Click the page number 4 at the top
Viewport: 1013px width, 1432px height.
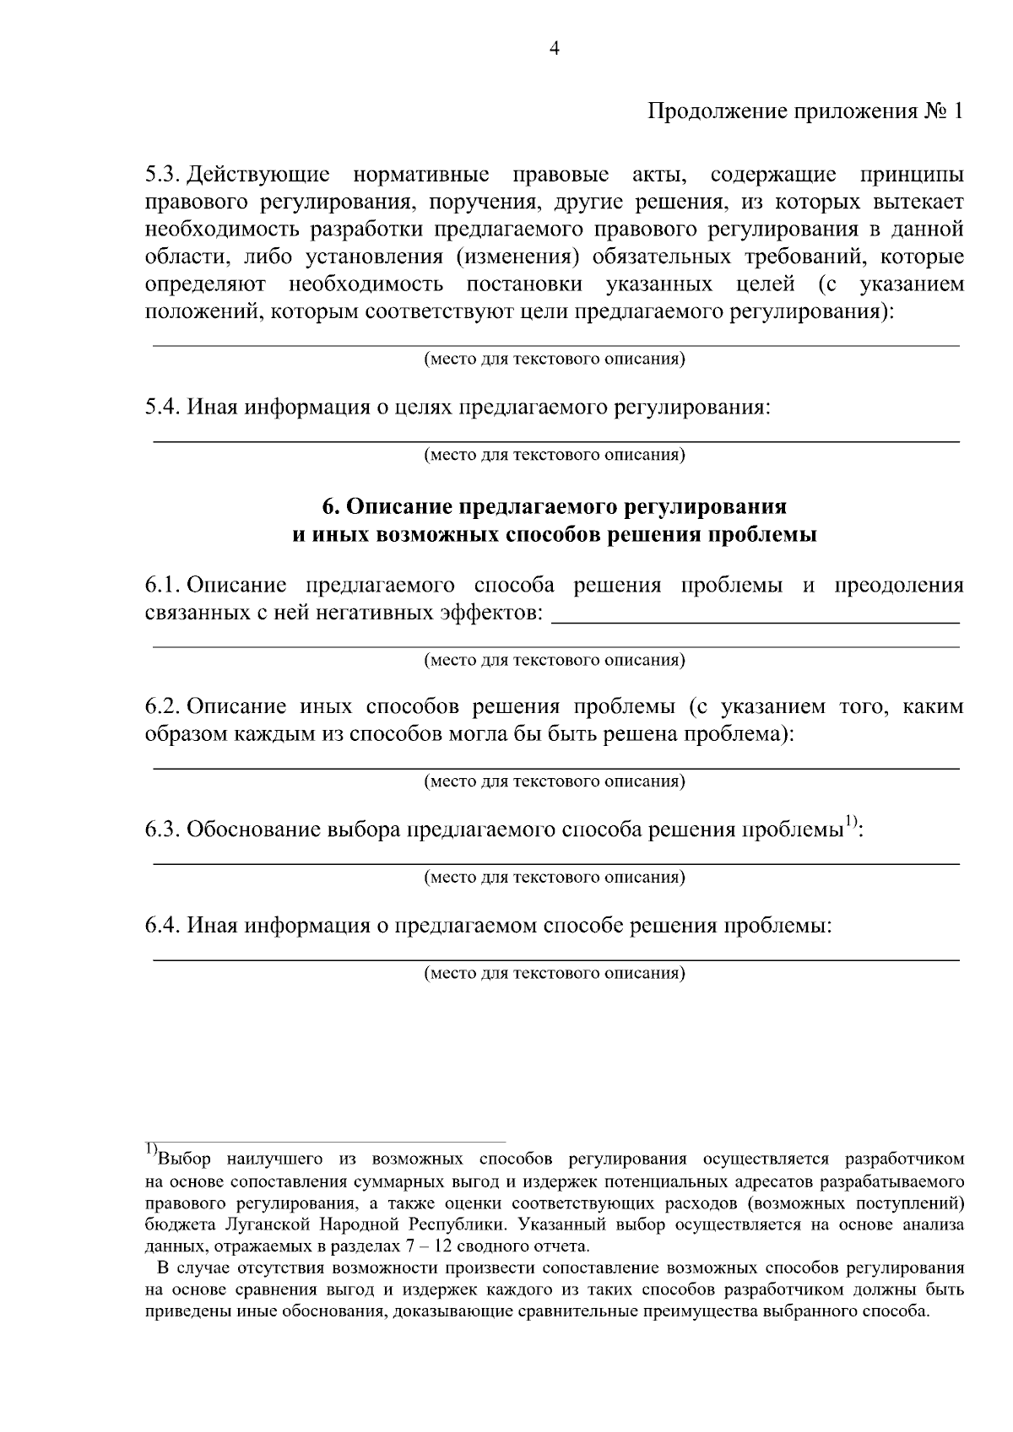pyautogui.click(x=555, y=49)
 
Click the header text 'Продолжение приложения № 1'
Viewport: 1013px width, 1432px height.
pyautogui.click(x=804, y=112)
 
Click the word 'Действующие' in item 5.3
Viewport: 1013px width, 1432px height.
pyautogui.click(x=258, y=176)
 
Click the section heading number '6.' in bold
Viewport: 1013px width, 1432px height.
pyautogui.click(x=330, y=506)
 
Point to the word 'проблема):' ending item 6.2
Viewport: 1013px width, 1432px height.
pyautogui.click(x=739, y=733)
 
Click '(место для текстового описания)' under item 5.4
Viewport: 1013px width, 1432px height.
pyautogui.click(x=554, y=456)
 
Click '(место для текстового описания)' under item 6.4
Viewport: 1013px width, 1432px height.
pyautogui.click(x=554, y=973)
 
